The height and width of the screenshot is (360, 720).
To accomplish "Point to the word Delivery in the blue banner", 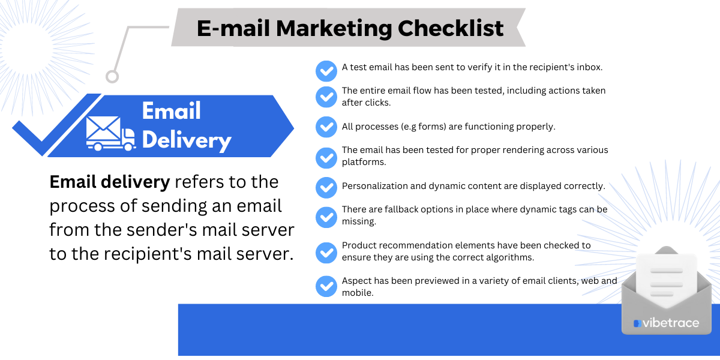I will [x=187, y=140].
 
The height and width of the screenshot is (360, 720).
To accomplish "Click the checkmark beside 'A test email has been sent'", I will [x=326, y=71].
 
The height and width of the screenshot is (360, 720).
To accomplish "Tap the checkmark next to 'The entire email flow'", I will [x=326, y=97].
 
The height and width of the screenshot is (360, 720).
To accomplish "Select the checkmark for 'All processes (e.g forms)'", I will [x=326, y=127].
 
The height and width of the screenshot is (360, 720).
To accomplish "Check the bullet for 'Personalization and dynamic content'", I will [x=326, y=187].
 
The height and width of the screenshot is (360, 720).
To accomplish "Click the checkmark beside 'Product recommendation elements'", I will [x=326, y=252].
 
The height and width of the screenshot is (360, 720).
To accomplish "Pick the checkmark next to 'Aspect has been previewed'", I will [x=326, y=286].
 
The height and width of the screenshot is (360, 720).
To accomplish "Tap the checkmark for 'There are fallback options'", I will [x=326, y=216].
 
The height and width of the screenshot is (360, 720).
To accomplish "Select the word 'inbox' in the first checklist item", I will [x=588, y=67].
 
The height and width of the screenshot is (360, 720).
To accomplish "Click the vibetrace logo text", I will [x=670, y=323].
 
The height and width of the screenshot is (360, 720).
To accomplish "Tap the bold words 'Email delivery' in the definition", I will [x=110, y=181].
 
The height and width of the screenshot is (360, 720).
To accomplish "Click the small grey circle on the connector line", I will [x=112, y=76].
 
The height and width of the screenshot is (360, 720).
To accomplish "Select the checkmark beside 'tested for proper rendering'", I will [x=326, y=157].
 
